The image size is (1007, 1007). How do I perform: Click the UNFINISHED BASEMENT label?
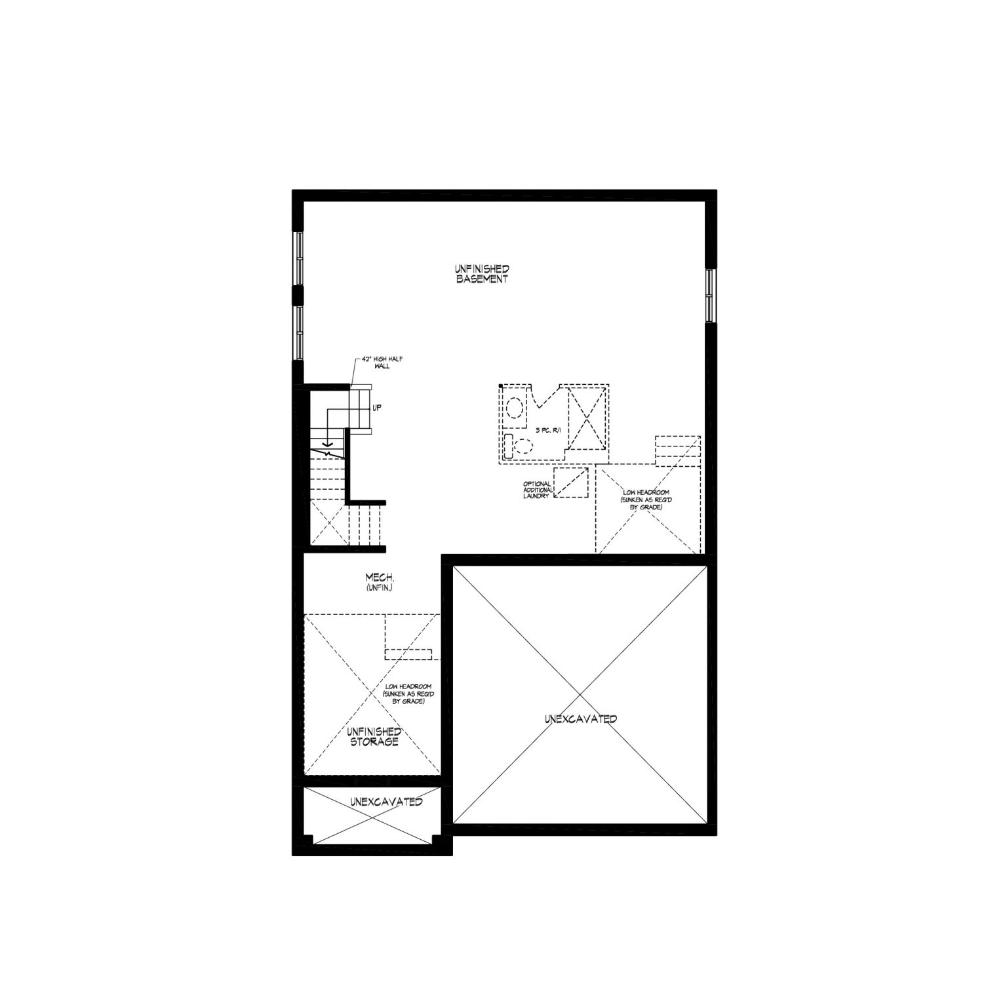pos(482,274)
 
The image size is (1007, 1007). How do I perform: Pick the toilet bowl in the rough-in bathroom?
pos(523,446)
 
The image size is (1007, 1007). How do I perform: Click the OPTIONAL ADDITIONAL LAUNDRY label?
pos(537,490)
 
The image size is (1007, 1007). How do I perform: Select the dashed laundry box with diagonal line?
pos(571,483)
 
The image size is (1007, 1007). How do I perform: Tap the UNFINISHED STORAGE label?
pos(374,736)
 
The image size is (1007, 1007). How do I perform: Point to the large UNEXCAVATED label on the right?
pos(580,719)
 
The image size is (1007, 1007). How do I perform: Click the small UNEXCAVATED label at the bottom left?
pos(386,802)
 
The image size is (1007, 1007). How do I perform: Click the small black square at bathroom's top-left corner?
pos(501,386)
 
